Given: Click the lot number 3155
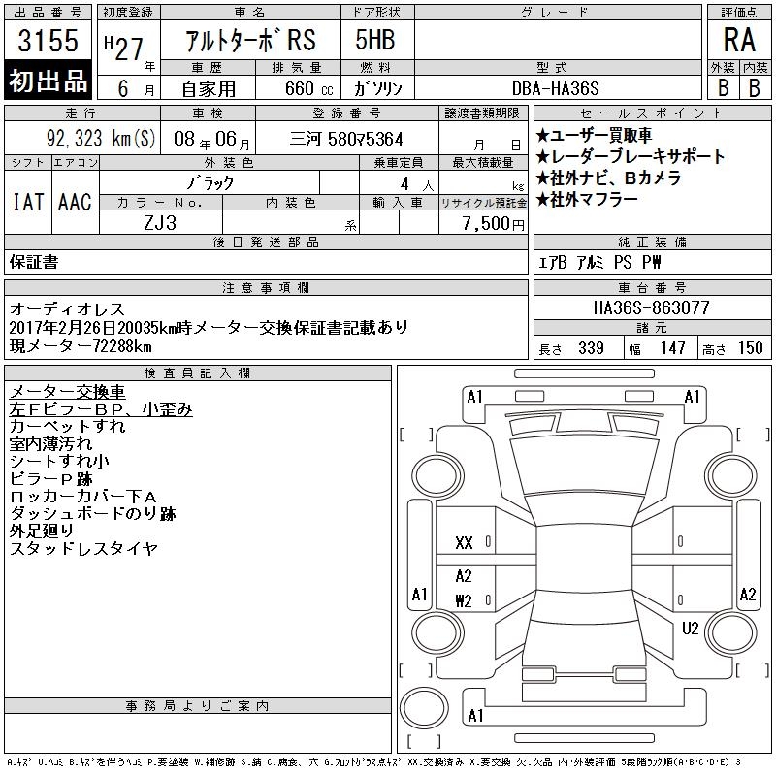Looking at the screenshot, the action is coord(48,40).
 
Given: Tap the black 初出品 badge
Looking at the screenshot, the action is coord(48,81).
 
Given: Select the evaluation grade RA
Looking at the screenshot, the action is coord(739,40).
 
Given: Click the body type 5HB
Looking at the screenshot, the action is coord(375,40).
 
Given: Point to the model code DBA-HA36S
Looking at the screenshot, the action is coord(555,88).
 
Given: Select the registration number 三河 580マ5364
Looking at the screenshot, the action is coord(346,139).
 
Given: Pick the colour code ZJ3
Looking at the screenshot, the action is coord(160,223).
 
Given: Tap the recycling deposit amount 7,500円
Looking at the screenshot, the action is coord(494,223).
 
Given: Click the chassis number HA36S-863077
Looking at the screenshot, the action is coord(651,307).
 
